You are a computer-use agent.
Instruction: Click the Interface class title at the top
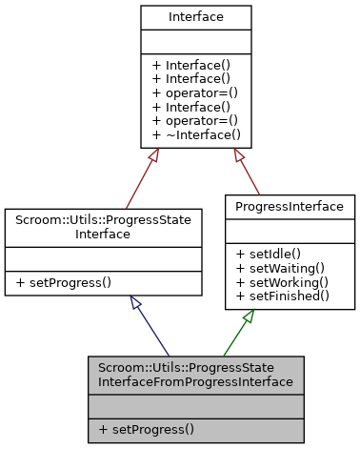(196, 17)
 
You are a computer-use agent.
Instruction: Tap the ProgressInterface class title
(290, 206)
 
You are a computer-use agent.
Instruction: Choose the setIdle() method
(269, 253)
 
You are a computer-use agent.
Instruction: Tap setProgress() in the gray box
(146, 430)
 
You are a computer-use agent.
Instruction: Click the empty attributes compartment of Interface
(196, 41)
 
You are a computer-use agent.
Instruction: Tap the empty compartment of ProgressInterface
(290, 230)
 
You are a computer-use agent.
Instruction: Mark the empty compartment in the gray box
(196, 406)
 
